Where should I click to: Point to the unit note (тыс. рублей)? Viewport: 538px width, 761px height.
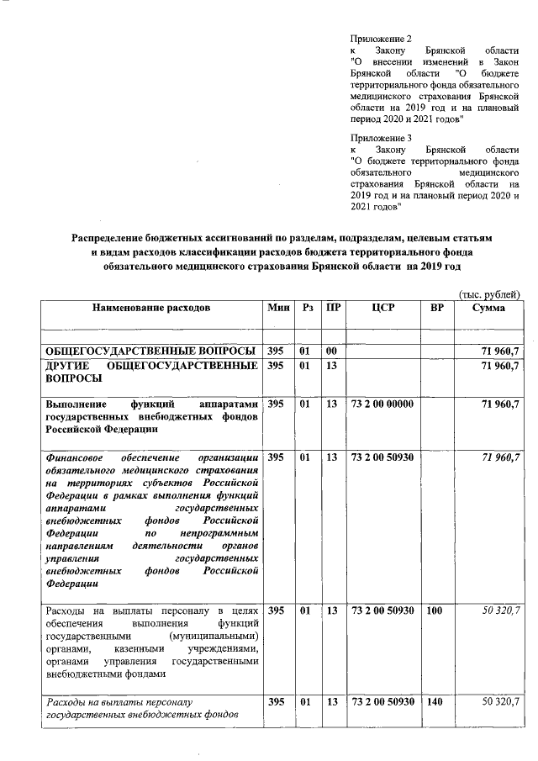point(489,293)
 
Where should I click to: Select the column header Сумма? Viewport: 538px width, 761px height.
point(489,309)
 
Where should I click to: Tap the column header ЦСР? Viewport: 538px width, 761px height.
point(382,309)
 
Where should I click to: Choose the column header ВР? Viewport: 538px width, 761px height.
point(436,309)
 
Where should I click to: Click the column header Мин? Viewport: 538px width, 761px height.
point(278,309)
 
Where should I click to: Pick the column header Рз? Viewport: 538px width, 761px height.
point(308,309)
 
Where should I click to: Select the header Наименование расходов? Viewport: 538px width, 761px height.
point(151,309)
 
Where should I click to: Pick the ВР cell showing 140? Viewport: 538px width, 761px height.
point(434,701)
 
